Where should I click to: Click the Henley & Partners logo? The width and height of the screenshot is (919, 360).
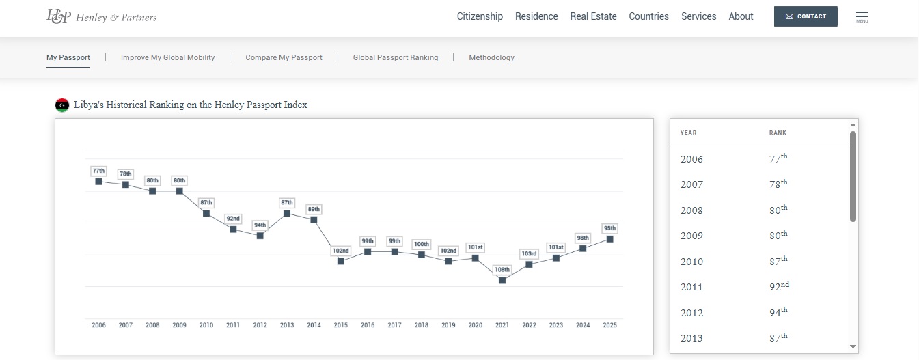(x=101, y=16)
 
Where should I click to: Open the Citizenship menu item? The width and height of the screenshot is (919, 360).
(x=480, y=16)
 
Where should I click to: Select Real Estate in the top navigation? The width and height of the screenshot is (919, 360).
(x=593, y=16)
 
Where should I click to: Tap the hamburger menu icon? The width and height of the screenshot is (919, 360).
(x=862, y=16)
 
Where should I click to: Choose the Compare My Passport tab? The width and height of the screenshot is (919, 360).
(x=284, y=57)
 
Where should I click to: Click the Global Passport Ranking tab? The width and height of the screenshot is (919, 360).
(x=396, y=57)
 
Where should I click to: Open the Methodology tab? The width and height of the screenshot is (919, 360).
(x=491, y=57)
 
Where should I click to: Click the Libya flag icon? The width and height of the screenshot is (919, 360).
(x=62, y=105)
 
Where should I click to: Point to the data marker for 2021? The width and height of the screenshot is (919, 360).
(x=502, y=280)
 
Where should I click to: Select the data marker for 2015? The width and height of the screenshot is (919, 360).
(x=341, y=261)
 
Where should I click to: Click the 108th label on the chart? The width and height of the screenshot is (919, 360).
(x=502, y=269)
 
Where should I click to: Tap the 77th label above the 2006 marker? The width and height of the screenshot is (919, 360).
(x=98, y=171)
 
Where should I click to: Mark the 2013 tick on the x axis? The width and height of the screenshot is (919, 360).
(x=287, y=325)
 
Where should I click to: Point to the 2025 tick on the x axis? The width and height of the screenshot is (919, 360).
(x=609, y=325)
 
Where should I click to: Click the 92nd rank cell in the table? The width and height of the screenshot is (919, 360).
(x=778, y=287)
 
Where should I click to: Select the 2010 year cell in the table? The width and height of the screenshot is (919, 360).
(x=691, y=262)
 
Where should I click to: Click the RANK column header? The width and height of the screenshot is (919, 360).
(x=778, y=133)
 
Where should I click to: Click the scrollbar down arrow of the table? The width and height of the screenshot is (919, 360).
(x=853, y=347)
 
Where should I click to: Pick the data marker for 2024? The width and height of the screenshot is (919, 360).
(x=583, y=249)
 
